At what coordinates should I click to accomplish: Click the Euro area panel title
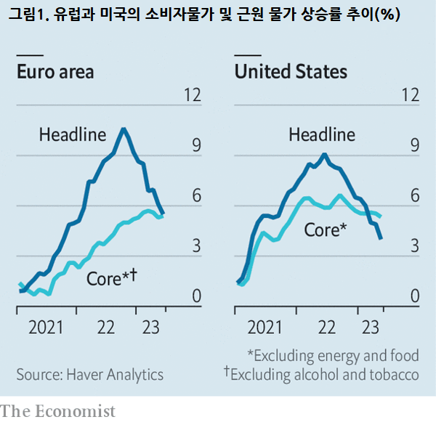point(55,72)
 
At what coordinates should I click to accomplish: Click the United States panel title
point(290,72)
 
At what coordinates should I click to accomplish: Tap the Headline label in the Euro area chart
point(73,134)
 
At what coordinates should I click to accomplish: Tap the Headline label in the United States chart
point(322,134)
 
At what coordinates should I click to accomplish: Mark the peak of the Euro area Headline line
point(124,129)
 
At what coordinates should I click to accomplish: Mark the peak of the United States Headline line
point(325,154)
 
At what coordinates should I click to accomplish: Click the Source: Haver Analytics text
point(90,375)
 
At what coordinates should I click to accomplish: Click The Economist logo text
point(58,411)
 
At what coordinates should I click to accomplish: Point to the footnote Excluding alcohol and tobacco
point(321,375)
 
